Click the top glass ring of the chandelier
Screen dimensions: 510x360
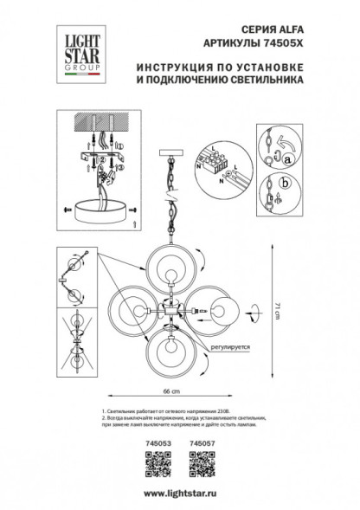172,268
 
